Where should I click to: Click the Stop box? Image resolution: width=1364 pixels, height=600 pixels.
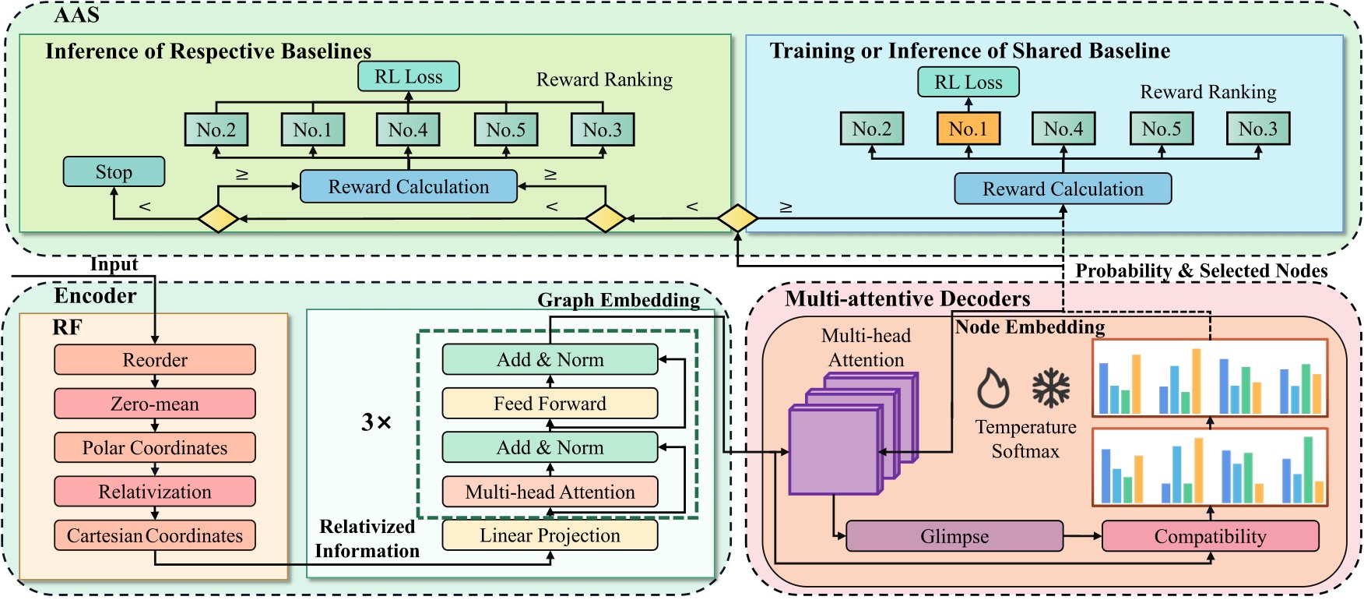[x=114, y=172]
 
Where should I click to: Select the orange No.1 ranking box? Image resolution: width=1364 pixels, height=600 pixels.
[x=968, y=129]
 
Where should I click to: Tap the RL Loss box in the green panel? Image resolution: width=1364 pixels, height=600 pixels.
[x=408, y=77]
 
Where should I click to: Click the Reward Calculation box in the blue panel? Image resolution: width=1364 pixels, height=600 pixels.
[x=1063, y=189]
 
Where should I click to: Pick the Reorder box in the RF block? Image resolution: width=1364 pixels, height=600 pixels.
[x=155, y=360]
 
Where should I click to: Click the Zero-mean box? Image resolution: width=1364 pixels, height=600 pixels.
[x=155, y=404]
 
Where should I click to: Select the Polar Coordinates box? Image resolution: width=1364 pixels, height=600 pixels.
[x=155, y=448]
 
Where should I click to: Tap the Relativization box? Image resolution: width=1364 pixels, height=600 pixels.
[x=155, y=492]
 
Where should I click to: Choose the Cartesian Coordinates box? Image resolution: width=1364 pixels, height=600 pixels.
[x=155, y=536]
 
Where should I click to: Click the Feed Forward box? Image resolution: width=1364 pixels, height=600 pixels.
[x=550, y=404]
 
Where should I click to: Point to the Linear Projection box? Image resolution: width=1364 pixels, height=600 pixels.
[x=550, y=536]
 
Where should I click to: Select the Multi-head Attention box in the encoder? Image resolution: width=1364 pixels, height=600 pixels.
[x=550, y=492]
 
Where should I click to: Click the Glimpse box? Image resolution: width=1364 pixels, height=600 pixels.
[x=954, y=537]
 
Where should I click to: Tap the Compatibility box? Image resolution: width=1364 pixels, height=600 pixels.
[x=1210, y=537]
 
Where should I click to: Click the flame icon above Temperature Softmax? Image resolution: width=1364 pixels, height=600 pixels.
[x=993, y=388]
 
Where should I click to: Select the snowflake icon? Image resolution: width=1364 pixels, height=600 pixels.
[x=1051, y=388]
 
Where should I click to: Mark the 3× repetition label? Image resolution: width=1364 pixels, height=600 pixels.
[x=376, y=422]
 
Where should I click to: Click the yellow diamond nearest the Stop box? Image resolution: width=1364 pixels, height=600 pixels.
[x=217, y=219]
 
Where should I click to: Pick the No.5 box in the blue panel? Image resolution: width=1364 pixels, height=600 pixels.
[x=1161, y=129]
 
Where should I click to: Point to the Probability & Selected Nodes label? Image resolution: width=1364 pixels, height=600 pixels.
[x=1201, y=271]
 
